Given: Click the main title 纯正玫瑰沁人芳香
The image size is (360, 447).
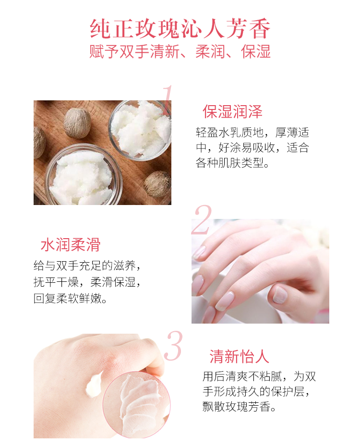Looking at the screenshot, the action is coord(180,28).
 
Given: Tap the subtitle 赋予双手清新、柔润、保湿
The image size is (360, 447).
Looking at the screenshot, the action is coord(180,52).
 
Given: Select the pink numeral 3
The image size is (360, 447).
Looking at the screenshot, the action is coord(173,346).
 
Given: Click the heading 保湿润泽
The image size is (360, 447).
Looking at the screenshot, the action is coord(232,111).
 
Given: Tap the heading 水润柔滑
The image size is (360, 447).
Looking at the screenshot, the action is coord(71,244).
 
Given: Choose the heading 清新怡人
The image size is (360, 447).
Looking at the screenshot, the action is coord(240,356).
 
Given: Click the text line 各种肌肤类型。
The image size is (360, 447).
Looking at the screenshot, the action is coord(232,163).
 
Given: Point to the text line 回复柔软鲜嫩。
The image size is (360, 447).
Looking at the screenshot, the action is coord(70,298).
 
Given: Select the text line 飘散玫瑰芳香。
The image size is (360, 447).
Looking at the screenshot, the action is coord(240,407).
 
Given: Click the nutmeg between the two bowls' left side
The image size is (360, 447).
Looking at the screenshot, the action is coord(77,123).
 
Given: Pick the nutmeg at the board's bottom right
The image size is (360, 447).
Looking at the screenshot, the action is coord(157,184).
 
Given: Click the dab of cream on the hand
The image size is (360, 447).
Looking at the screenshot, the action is coord(94,385).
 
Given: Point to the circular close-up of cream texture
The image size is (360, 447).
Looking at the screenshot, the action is coord(136,405).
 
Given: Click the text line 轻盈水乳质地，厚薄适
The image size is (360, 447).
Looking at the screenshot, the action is coord(252,133).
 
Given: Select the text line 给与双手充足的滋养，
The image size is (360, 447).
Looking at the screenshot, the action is coord(87,266).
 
